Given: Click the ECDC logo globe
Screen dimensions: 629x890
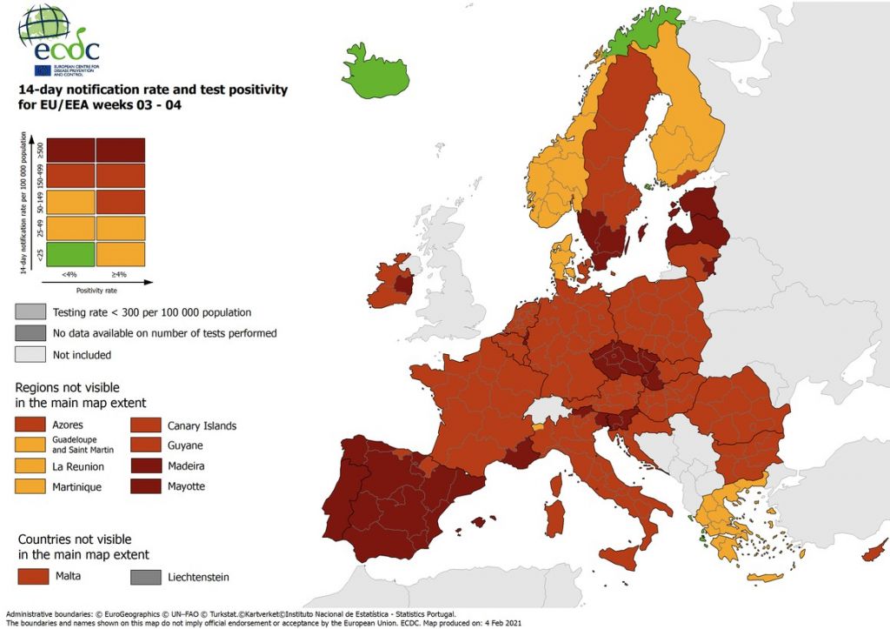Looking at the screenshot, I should pos(43,27).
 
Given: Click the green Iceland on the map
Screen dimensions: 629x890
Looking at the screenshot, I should pos(375,71).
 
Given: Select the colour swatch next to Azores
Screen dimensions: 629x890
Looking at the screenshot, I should pos(32,425).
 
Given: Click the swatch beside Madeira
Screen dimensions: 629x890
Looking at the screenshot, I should pos(147,466).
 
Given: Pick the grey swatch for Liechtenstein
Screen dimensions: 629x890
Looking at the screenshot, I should pos(147,577).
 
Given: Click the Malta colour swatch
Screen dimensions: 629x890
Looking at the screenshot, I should pos(32,577).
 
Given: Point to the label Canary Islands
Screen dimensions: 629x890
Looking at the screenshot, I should pos(202,425).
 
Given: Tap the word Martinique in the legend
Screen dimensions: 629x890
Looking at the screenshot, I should pos(77,487).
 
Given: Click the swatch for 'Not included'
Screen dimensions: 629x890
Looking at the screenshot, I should pos(32,354).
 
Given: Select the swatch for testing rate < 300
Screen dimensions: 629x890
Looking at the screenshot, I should pos(32,311).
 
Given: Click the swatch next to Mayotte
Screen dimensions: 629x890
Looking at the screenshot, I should pos(147,486).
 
